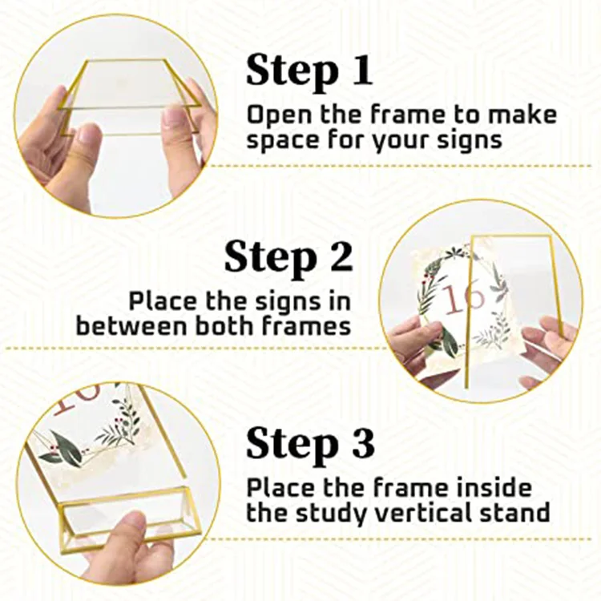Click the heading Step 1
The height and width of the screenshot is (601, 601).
point(309,71)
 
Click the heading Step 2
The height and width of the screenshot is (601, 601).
point(288,257)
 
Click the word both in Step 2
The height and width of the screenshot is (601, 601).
point(219,326)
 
